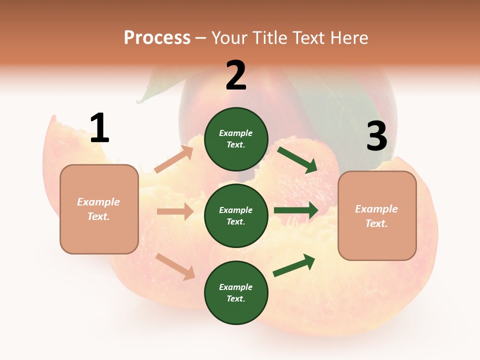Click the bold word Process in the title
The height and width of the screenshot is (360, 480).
tap(157, 38)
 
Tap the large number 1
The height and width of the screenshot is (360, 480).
tap(99, 128)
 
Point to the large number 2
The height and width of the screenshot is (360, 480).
tap(236, 75)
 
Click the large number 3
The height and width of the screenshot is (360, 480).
tap(376, 136)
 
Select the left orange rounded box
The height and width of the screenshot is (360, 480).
tap(99, 209)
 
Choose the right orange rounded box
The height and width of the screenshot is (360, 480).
tap(377, 215)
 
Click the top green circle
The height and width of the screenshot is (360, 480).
tap(236, 139)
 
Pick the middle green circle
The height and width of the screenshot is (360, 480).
tap(236, 215)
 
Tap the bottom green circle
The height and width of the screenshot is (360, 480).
tap(236, 292)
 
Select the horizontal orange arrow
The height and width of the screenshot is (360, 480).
tap(175, 211)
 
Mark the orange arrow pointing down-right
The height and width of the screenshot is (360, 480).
tap(175, 266)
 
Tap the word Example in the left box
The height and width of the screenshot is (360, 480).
tap(98, 202)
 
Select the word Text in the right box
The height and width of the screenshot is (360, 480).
tap(375, 223)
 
